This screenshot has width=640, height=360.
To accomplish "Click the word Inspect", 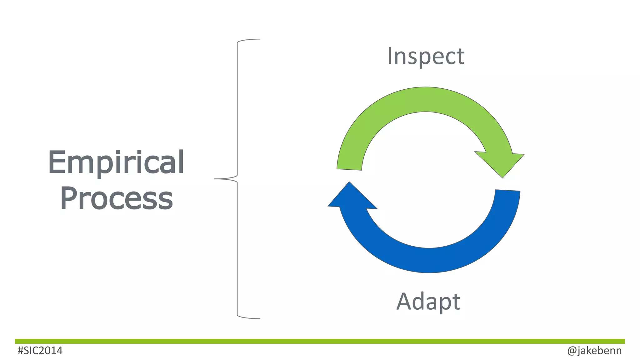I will [x=426, y=57].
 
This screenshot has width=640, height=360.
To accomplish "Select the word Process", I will [x=116, y=198].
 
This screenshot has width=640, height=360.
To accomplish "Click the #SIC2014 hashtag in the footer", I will [x=40, y=351].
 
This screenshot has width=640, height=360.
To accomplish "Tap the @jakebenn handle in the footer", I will [x=594, y=351].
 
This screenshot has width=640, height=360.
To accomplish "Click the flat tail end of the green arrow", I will [x=349, y=169].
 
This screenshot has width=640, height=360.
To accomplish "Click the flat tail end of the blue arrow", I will [x=507, y=190].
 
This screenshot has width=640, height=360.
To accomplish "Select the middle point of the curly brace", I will [x=219, y=179].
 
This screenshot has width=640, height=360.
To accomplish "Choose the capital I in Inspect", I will [x=390, y=56].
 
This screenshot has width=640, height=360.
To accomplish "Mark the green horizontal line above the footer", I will [x=320, y=341].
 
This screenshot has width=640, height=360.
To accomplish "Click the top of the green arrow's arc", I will [x=426, y=99].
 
